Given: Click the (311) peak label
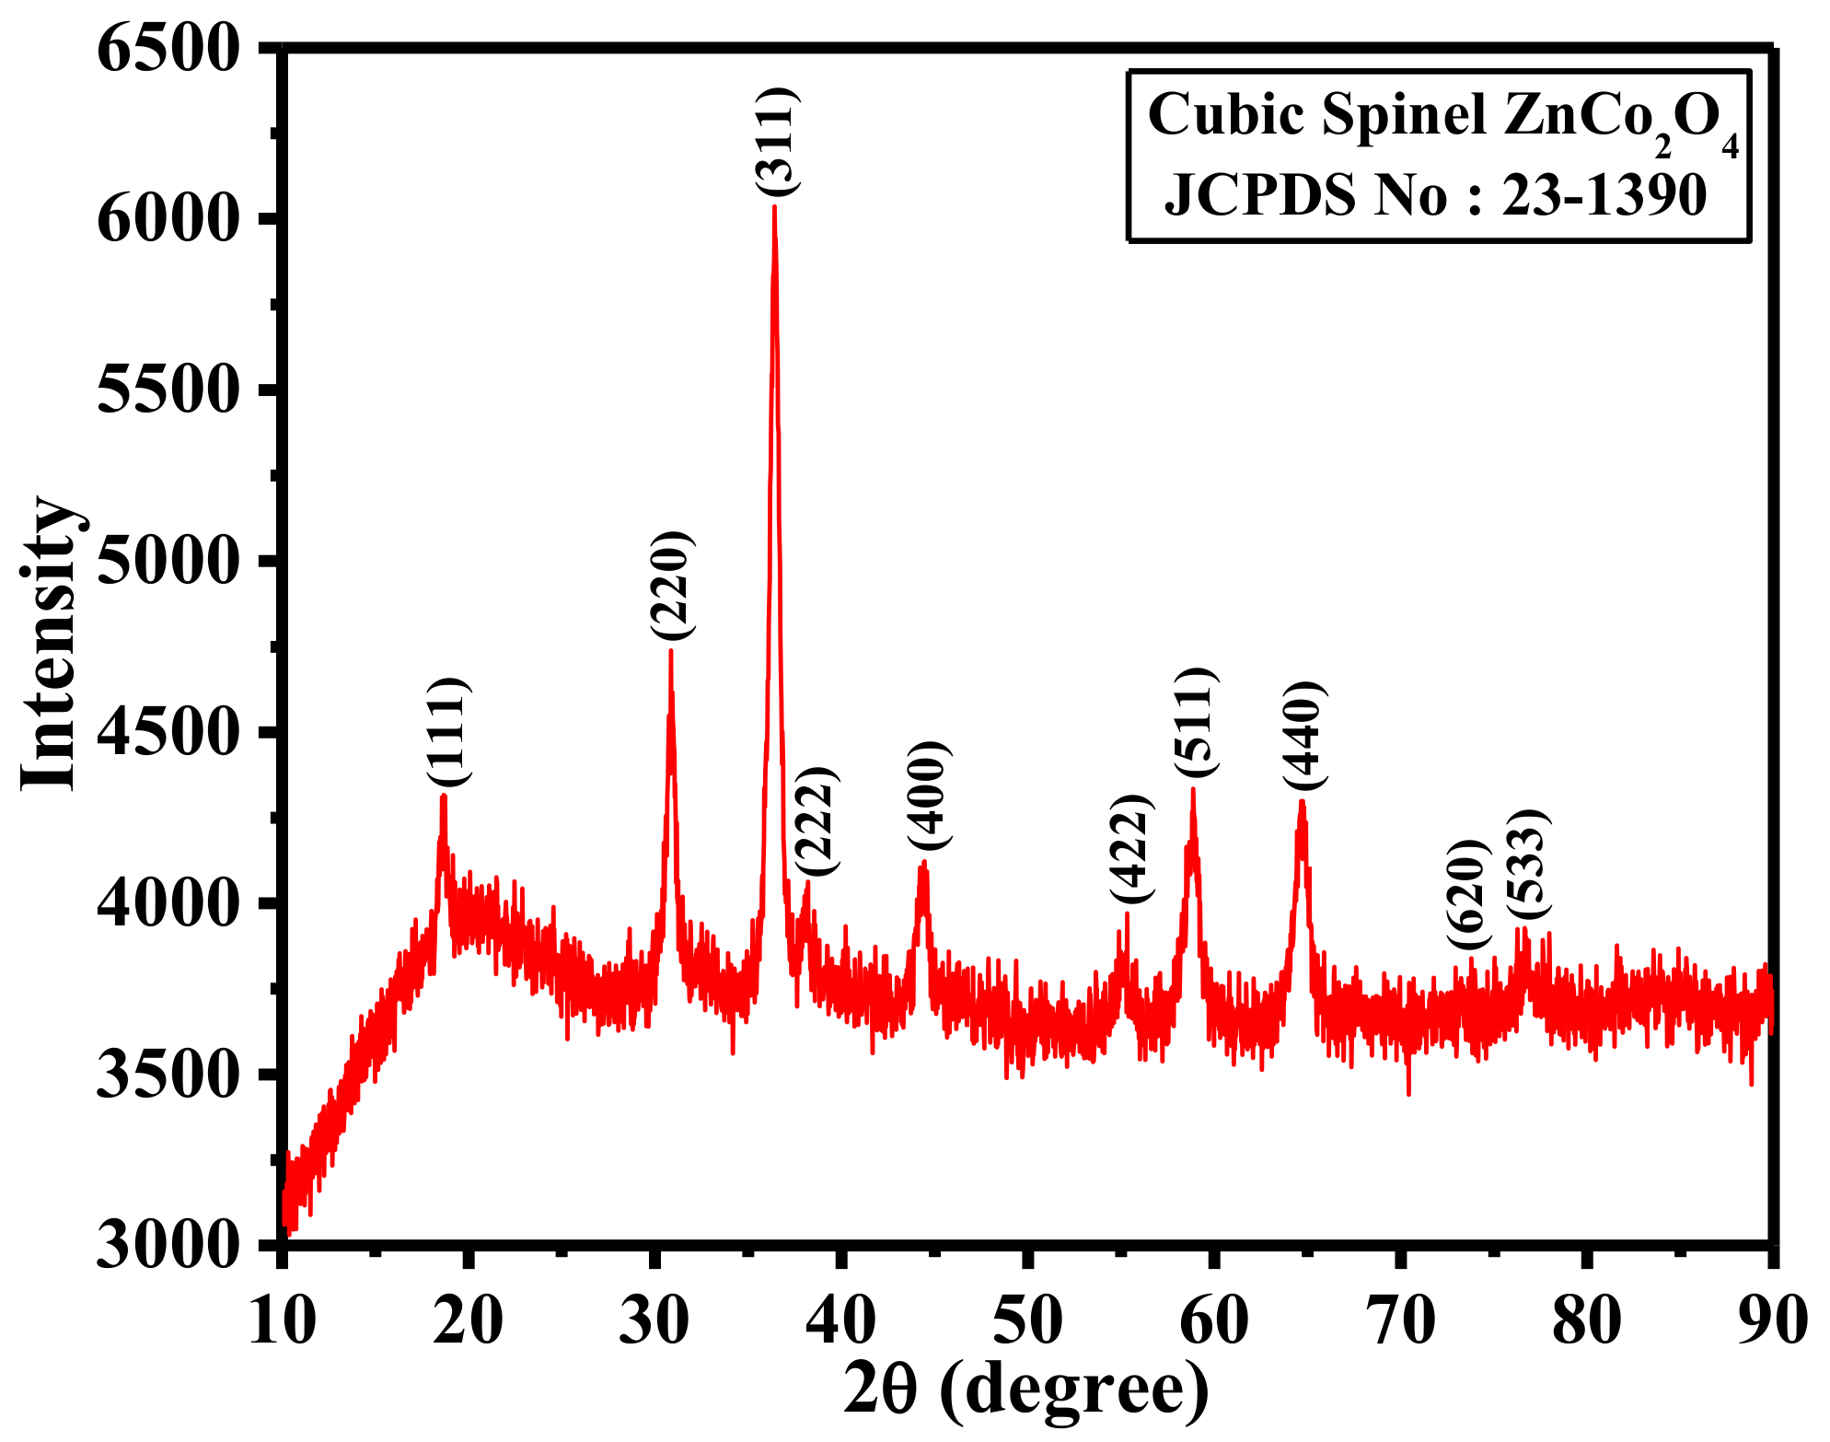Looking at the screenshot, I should pos(778,141).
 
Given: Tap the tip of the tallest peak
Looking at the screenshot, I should pos(774,208).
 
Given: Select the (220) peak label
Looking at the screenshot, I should pos(671,586).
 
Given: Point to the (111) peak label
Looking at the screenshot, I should pos(448,733).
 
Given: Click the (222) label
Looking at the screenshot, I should pos(816,821).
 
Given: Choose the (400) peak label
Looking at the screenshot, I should pos(927,795).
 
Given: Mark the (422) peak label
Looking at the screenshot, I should pos(1130,848).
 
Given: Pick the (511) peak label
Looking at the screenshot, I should pos(1196,723).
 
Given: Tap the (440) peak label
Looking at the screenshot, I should pos(1304,737).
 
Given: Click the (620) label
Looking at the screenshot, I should pos(1467,896).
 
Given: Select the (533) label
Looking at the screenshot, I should pos(1528,864).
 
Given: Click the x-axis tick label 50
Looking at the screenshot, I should pos(1028,1320).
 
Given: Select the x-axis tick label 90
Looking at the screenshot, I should pos(1773,1320).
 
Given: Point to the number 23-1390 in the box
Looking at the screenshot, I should pos(1604,195).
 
